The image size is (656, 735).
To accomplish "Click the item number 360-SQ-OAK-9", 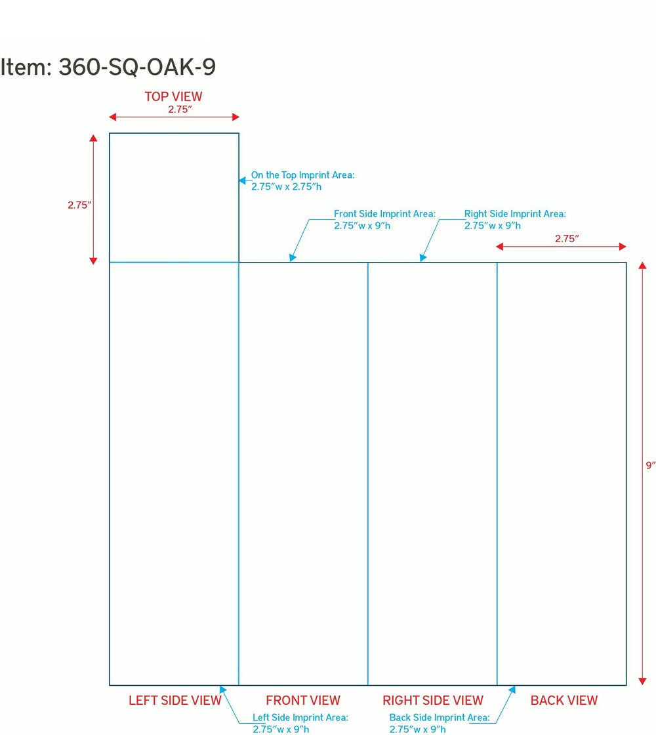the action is pyautogui.click(x=137, y=67).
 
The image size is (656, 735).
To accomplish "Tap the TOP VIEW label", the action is pyautogui.click(x=173, y=96).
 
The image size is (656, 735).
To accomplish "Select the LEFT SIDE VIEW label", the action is pyautogui.click(x=174, y=700).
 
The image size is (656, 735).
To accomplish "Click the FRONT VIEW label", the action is pyautogui.click(x=302, y=700).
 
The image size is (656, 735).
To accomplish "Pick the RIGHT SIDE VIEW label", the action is pyautogui.click(x=432, y=700).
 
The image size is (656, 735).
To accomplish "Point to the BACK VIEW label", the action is pyautogui.click(x=564, y=700).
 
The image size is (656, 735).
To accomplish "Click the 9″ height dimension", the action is pyautogui.click(x=650, y=465).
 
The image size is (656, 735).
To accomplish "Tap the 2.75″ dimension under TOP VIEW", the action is pyautogui.click(x=180, y=109).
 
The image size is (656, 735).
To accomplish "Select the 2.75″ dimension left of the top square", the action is pyautogui.click(x=79, y=205).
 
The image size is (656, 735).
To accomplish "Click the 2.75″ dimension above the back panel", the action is pyautogui.click(x=567, y=239).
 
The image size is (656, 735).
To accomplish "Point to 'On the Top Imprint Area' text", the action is pyautogui.click(x=302, y=181).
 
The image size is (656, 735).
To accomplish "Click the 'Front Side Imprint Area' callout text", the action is pyautogui.click(x=384, y=219).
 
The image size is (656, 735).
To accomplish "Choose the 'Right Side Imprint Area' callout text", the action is pyautogui.click(x=515, y=219).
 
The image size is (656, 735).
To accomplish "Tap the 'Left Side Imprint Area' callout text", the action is pyautogui.click(x=300, y=723).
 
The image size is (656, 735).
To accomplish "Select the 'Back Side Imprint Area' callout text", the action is pyautogui.click(x=440, y=723).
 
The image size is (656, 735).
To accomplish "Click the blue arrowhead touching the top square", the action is pyautogui.click(x=242, y=180).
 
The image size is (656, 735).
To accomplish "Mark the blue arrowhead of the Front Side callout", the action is pyautogui.click(x=293, y=258).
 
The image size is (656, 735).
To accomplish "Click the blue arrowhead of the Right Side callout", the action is pyautogui.click(x=422, y=258).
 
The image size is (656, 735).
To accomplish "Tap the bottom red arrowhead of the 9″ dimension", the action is pyautogui.click(x=642, y=681).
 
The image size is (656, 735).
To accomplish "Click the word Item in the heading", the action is pyautogui.click(x=26, y=67).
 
